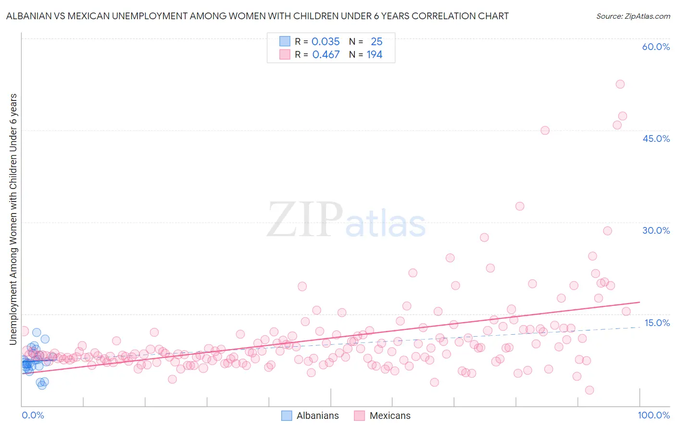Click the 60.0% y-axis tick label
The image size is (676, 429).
coord(656,47)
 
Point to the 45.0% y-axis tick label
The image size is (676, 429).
coord(656,139)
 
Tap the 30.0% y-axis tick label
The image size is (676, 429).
coord(656,230)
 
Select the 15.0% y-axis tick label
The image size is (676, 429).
coord(656,323)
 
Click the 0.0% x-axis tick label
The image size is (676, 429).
coord(33,415)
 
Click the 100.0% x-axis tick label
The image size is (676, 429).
coord(653,415)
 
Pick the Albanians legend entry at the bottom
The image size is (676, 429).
coord(310,416)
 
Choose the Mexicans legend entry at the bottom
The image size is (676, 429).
coord(382,416)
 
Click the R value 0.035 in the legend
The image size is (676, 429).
coord(325,42)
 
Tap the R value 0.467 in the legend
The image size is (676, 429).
coord(325,55)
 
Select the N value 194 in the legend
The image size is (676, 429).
coord(374,55)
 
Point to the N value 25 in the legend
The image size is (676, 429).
coord(376,42)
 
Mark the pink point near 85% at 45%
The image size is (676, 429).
coord(545,130)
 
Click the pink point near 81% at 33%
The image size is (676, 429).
coord(520,206)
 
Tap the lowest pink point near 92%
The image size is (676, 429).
coord(589,390)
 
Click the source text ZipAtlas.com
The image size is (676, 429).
coord(633,16)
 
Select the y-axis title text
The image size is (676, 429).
coord(13,219)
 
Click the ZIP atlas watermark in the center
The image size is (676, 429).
coord(346,220)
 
